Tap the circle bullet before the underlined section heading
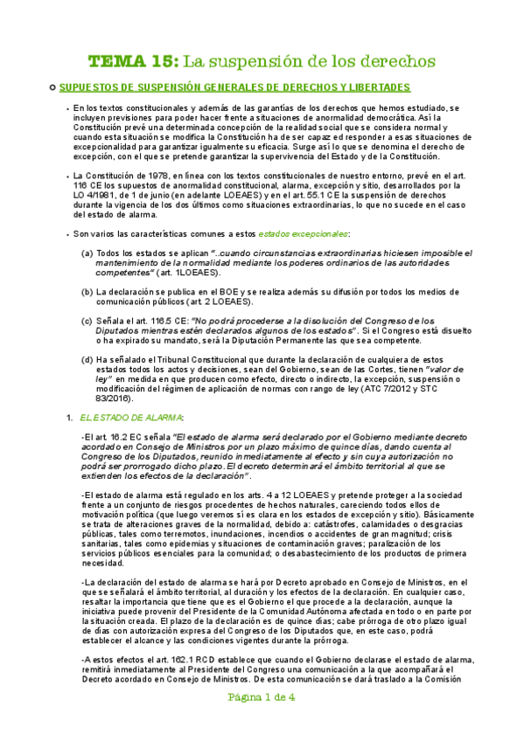point(52,88)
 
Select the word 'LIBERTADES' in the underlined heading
point(378,88)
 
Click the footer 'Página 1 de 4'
point(262,722)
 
